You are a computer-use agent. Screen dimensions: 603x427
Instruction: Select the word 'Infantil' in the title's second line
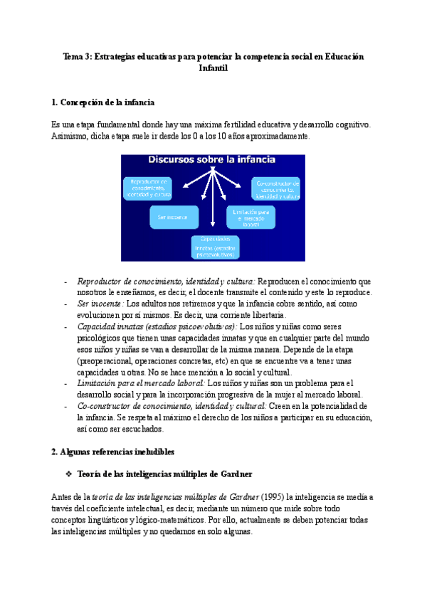pyautogui.click(x=213, y=69)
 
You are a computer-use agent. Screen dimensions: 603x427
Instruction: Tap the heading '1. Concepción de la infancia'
pyautogui.click(x=103, y=103)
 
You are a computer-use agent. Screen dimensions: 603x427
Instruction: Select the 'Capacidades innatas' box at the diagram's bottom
pyautogui.click(x=214, y=246)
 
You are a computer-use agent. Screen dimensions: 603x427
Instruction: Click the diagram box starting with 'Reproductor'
pyautogui.click(x=148, y=188)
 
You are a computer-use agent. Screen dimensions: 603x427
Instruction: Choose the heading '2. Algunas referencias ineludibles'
pyautogui.click(x=114, y=452)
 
